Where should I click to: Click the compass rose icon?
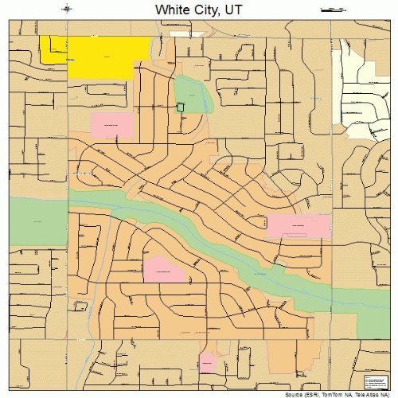pyautogui.click(x=68, y=10)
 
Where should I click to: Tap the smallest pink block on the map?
pyautogui.click(x=208, y=363)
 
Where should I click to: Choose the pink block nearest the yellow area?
pyautogui.click(x=113, y=125)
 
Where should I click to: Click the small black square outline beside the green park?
pyautogui.click(x=181, y=107)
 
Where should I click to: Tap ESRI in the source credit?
pyautogui.click(x=309, y=395)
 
